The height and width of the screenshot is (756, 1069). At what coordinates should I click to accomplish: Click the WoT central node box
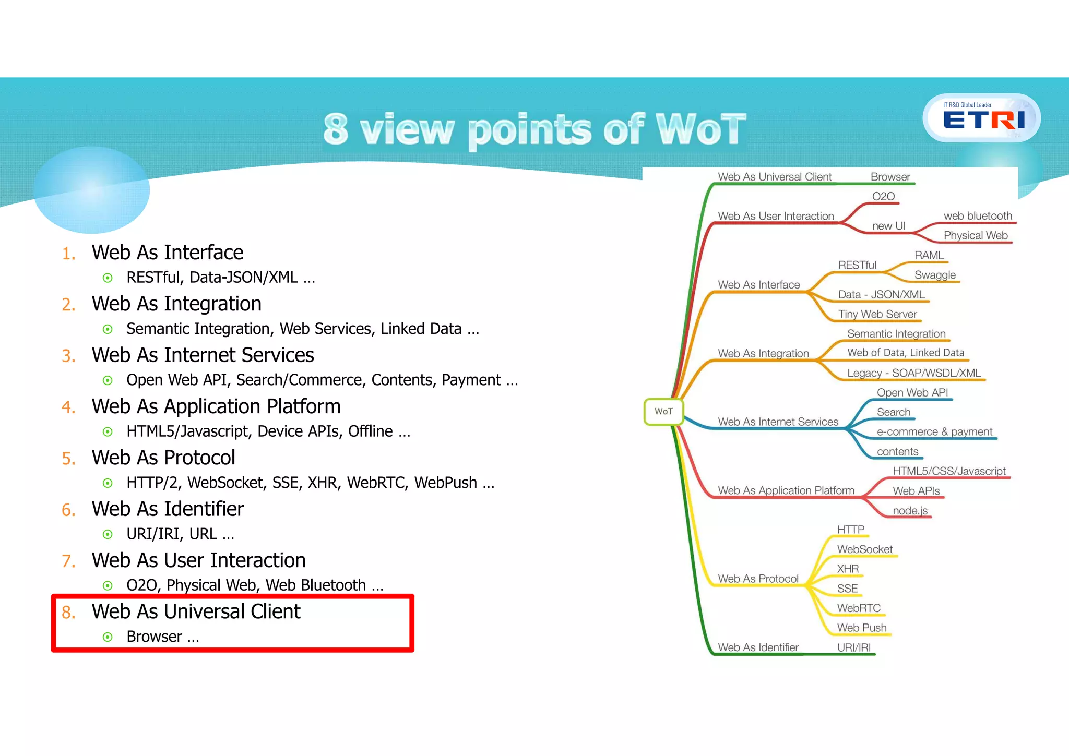pyautogui.click(x=663, y=412)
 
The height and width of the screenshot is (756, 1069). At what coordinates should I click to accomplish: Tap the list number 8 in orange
pyautogui.click(x=68, y=613)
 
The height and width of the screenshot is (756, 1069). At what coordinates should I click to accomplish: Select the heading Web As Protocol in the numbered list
pyautogui.click(x=163, y=458)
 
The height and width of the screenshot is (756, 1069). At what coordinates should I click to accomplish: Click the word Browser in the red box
pyautogui.click(x=154, y=637)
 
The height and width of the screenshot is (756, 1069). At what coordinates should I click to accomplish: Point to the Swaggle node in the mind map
pyautogui.click(x=935, y=275)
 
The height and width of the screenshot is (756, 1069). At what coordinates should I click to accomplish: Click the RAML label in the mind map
pyautogui.click(x=929, y=255)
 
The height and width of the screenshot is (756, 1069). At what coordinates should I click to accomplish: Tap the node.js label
pyautogui.click(x=910, y=511)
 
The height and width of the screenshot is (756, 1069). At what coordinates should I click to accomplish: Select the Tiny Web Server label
pyautogui.click(x=877, y=314)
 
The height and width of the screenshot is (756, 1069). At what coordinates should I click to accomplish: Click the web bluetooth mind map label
pyautogui.click(x=978, y=216)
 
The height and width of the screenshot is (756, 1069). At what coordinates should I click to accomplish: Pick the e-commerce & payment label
pyautogui.click(x=934, y=432)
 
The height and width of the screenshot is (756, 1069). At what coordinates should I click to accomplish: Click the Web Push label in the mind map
pyautogui.click(x=862, y=628)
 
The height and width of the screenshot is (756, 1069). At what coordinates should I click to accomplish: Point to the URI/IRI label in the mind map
pyautogui.click(x=854, y=647)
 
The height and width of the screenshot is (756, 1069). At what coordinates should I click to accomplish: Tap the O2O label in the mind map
pyautogui.click(x=883, y=197)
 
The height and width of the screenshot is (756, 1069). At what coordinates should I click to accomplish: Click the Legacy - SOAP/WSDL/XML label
pyautogui.click(x=914, y=373)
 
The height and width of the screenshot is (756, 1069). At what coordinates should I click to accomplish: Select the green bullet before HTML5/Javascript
pyautogui.click(x=108, y=432)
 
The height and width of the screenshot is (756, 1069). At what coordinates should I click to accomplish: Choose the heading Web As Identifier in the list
pyautogui.click(x=168, y=509)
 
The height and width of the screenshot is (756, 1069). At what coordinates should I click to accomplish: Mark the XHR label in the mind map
pyautogui.click(x=848, y=569)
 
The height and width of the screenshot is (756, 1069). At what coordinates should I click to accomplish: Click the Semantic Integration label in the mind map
pyautogui.click(x=896, y=334)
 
